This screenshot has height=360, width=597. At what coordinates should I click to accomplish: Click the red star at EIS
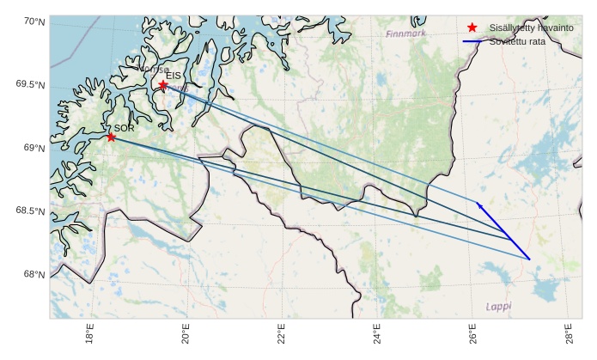[162, 84]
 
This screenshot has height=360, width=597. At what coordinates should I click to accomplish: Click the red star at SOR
[111, 137]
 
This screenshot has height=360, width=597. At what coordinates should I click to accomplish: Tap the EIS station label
[174, 76]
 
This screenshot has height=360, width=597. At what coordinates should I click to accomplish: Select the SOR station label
[124, 128]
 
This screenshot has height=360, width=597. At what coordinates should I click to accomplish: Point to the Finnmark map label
[405, 34]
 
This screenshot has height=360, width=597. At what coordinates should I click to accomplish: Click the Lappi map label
[498, 306]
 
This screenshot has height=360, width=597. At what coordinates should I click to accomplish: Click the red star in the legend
[472, 28]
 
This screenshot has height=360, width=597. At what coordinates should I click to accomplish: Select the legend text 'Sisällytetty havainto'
[531, 28]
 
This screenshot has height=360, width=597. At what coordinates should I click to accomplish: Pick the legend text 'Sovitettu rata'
[517, 41]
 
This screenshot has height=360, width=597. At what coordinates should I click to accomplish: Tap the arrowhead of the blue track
[478, 204]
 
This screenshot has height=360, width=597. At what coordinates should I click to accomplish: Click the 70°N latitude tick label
[34, 21]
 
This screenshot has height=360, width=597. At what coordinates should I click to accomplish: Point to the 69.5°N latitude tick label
[30, 84]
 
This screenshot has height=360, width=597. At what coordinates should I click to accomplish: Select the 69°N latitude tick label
[34, 148]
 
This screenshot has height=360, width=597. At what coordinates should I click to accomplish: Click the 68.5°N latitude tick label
[30, 211]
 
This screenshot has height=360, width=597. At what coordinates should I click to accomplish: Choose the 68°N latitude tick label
[34, 275]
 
